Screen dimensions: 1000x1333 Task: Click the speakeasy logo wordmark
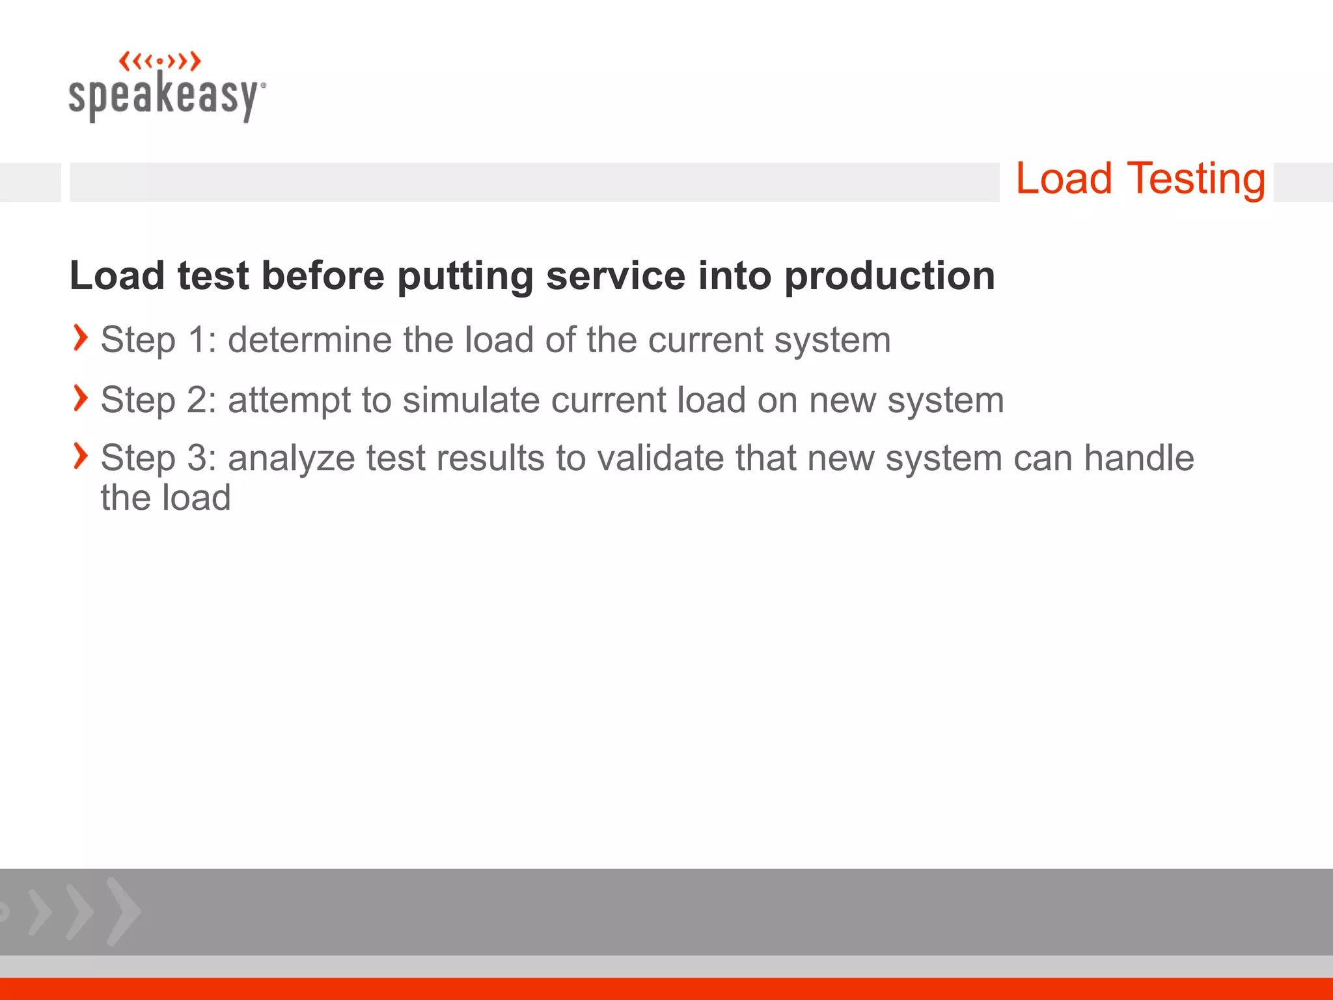166,96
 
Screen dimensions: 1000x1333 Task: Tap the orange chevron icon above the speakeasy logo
160,62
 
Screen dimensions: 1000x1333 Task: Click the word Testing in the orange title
1196,180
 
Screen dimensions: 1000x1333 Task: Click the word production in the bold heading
889,276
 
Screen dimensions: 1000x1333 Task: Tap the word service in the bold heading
616,276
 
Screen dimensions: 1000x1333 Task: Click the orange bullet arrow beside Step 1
80,338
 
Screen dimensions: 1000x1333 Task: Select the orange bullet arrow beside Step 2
80,398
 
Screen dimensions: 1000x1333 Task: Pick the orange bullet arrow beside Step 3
80,456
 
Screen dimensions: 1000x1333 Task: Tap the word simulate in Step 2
471,400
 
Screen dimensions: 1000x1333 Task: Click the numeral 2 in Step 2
198,400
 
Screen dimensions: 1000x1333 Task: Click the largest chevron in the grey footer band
123,911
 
